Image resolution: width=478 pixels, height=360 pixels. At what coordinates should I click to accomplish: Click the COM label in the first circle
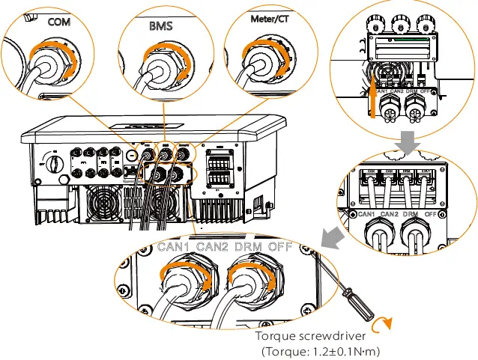(58, 22)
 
